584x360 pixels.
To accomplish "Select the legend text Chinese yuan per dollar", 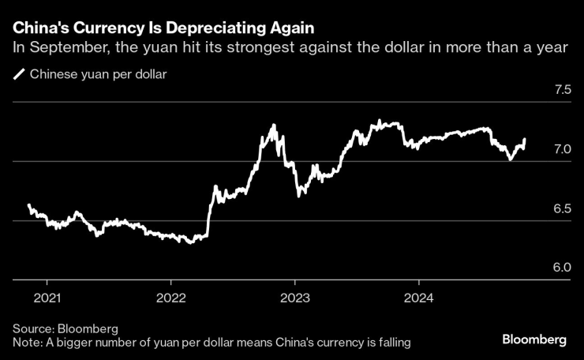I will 98,76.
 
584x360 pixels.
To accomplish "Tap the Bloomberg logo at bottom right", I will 534,339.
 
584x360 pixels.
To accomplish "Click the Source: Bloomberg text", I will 66,328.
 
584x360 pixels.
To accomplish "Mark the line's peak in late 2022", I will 273,125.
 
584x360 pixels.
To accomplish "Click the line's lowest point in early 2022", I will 189,242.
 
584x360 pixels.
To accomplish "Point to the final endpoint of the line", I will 525,139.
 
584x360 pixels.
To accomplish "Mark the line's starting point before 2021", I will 29,204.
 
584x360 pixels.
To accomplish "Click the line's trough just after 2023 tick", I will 299,196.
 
